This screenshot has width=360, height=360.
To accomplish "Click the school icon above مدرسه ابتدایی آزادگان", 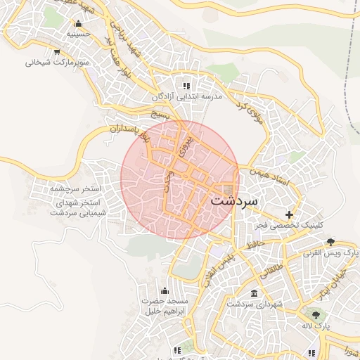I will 186,84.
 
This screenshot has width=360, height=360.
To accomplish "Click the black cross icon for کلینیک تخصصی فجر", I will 289,214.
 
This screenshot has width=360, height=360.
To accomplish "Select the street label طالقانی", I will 274,265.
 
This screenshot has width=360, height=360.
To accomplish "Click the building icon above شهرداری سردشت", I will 254,293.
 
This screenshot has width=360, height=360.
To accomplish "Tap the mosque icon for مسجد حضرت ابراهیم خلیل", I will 165,290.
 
